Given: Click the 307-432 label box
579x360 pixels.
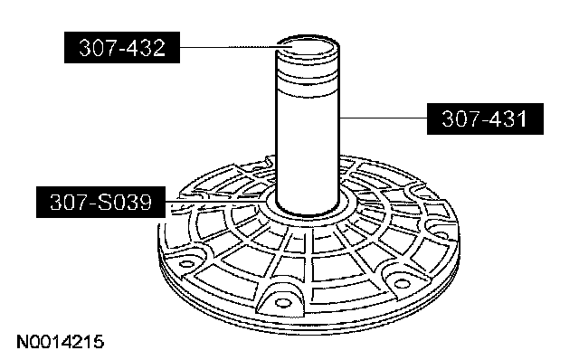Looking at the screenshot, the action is coord(122,47).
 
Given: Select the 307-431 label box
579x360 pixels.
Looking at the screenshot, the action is coord(485,118).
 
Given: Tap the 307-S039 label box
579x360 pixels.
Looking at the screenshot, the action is coord(100,202).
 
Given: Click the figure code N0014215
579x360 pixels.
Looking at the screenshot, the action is coord(61,342).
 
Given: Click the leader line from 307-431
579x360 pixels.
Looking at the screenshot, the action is coord(384,118).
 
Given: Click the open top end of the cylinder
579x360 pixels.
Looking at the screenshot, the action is coord(308,46).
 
